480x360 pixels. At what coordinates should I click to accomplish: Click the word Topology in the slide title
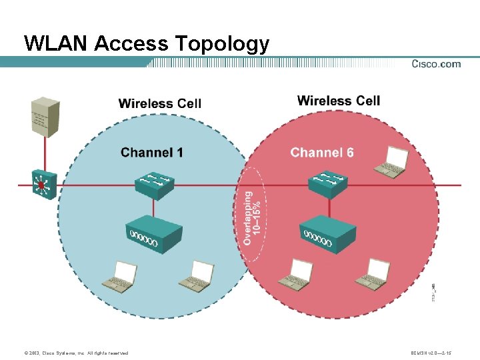coord(222,45)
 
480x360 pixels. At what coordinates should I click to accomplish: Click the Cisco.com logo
coord(436,64)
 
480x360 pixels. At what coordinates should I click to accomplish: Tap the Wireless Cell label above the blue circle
coord(159,103)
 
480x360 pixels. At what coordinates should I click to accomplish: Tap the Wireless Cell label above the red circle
coord(339,101)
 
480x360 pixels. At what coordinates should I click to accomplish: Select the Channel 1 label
coord(152,153)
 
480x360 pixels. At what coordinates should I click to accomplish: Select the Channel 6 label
coord(322,153)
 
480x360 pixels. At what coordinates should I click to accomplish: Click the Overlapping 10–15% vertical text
coord(252,217)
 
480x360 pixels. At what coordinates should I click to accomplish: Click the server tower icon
coord(46,117)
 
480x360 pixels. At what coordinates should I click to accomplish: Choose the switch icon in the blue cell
coord(155,185)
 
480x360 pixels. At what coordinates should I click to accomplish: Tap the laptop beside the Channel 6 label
coord(391,163)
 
